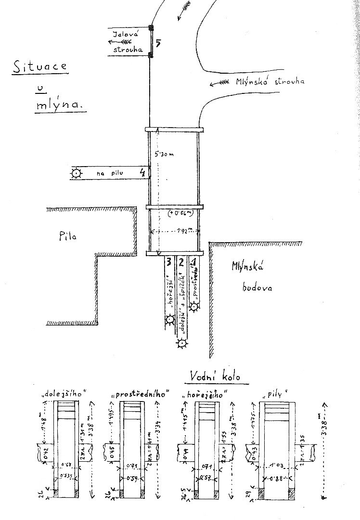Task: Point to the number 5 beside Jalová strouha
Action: click(x=158, y=43)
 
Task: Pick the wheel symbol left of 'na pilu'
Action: click(x=76, y=173)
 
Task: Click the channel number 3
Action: click(x=168, y=262)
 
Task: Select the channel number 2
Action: click(x=181, y=262)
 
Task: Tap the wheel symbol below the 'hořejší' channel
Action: click(x=170, y=319)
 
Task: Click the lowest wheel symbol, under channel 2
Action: click(x=182, y=343)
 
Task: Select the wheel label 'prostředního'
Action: click(x=141, y=394)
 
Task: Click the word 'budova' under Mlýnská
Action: click(x=257, y=288)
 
